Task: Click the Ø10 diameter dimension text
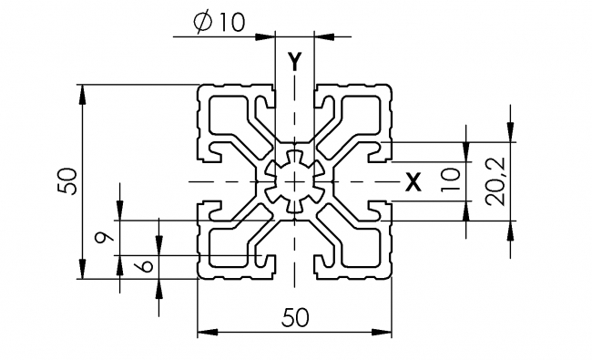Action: click(x=219, y=23)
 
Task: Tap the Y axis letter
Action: click(x=294, y=62)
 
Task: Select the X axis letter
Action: click(x=413, y=181)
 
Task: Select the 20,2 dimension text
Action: click(x=496, y=181)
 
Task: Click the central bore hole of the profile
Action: click(x=294, y=181)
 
